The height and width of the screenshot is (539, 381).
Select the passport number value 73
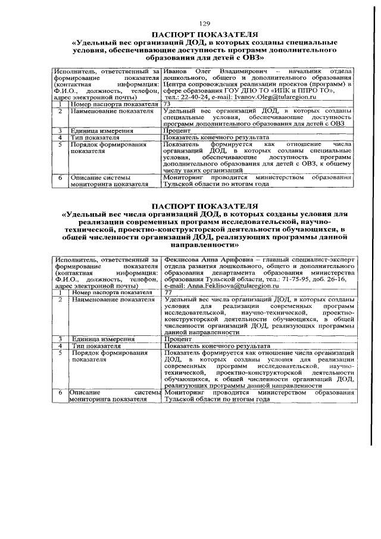[167, 103]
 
